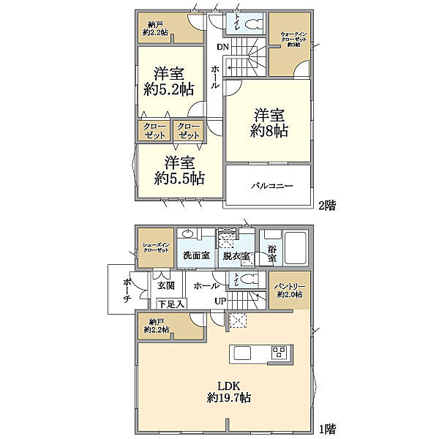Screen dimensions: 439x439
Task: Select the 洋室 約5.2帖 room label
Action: coord(169,82)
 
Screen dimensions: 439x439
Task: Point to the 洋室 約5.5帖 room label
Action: coord(179,170)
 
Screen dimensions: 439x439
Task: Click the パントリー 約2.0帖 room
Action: coord(290,290)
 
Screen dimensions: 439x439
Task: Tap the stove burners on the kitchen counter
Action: coord(279,352)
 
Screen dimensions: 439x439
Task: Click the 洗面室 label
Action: coord(196,257)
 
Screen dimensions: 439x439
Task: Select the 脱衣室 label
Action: coord(236,257)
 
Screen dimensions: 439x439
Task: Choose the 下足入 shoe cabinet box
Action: coord(170,303)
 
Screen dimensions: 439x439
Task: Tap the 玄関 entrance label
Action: coord(165,286)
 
